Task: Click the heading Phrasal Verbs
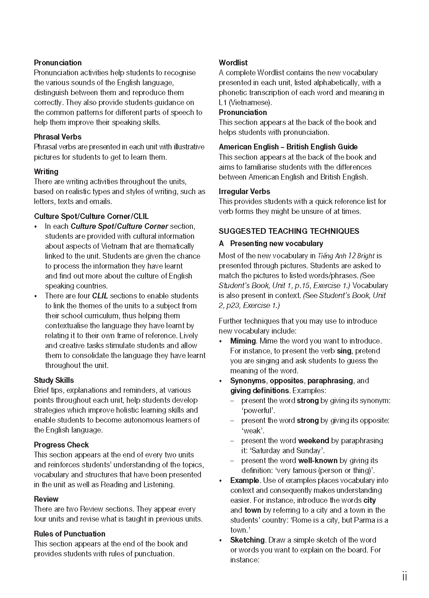click(x=57, y=137)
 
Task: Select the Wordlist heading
click(x=233, y=63)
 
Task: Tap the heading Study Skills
click(x=54, y=380)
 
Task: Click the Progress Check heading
click(x=61, y=445)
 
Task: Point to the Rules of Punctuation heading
click(x=70, y=534)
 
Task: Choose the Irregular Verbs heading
click(x=244, y=191)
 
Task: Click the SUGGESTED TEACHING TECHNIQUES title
click(x=289, y=231)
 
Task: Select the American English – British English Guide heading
click(x=288, y=147)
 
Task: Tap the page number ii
click(x=405, y=577)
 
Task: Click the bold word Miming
click(x=243, y=341)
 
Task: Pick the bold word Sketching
click(x=248, y=540)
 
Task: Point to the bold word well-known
click(x=318, y=460)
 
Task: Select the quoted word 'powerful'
click(x=258, y=411)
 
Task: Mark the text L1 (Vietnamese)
click(x=245, y=102)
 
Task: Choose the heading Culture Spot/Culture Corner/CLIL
click(x=91, y=216)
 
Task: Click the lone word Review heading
click(x=46, y=499)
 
